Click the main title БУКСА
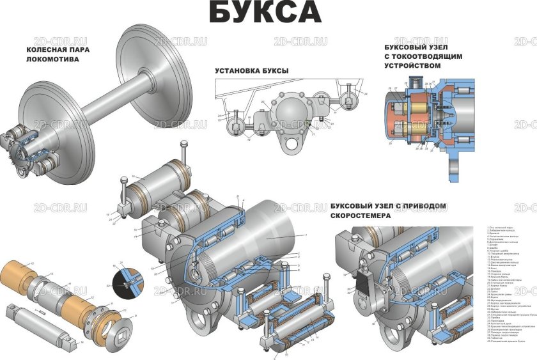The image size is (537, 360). click(265, 13)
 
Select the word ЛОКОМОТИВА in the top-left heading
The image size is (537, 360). click(52, 59)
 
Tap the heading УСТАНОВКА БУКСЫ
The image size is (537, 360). click(251, 70)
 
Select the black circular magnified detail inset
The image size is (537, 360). click(123, 281)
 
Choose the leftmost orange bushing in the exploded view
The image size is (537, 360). click(19, 274)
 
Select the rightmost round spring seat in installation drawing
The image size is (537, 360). click(350, 100)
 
